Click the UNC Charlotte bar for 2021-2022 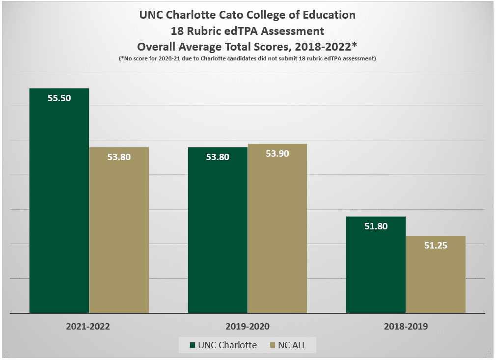[59, 206]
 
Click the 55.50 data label [59, 98]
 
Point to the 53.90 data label [277, 153]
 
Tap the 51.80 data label [376, 226]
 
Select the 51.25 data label [436, 246]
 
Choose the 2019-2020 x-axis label [248, 326]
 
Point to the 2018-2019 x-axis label [406, 326]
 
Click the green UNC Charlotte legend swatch [193, 345]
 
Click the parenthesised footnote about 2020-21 [248, 58]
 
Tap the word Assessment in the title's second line [295, 31]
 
